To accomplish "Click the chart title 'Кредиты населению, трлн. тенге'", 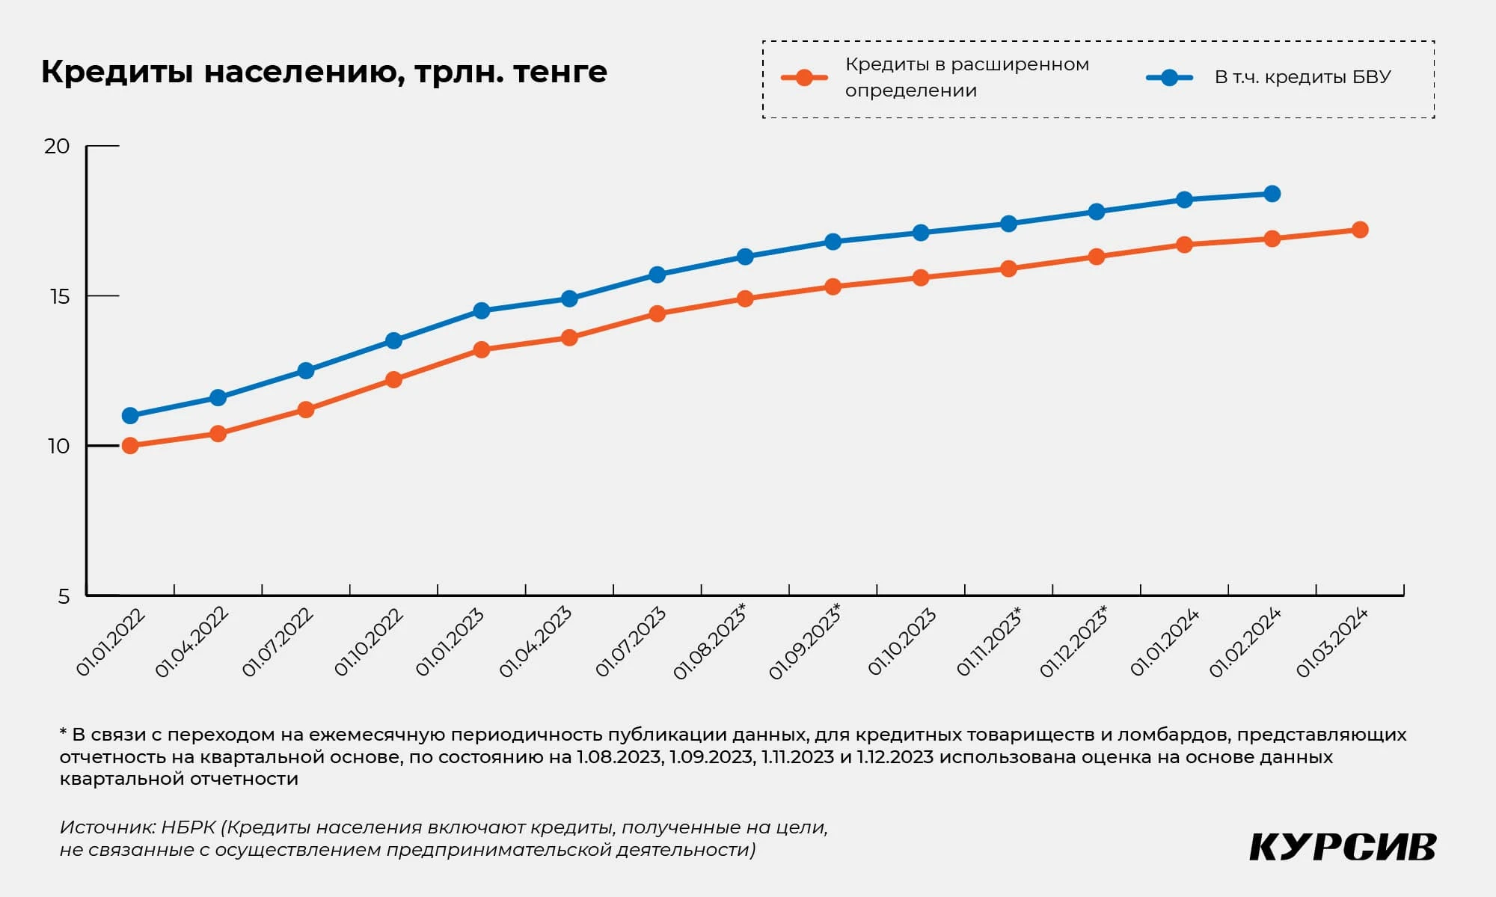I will click(323, 73).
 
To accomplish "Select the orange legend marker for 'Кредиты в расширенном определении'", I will click(804, 78).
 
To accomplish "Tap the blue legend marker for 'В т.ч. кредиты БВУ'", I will click(1169, 78).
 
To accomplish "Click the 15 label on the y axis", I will click(59, 296).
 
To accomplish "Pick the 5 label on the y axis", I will click(64, 596).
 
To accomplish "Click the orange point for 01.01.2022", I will click(130, 446).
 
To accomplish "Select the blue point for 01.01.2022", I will click(130, 415).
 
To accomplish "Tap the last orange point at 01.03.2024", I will click(1360, 230).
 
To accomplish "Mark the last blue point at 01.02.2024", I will click(1272, 194).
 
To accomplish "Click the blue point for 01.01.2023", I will click(482, 310).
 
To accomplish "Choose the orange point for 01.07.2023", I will click(657, 313).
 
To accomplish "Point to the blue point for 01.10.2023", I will click(921, 233).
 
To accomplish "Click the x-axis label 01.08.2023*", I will click(710, 642).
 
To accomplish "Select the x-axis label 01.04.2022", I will click(191, 643).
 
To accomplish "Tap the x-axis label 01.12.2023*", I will click(1074, 642).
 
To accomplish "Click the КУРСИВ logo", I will click(1343, 848).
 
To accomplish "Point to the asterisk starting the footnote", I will click(64, 733).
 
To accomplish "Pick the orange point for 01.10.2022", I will click(393, 379).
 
